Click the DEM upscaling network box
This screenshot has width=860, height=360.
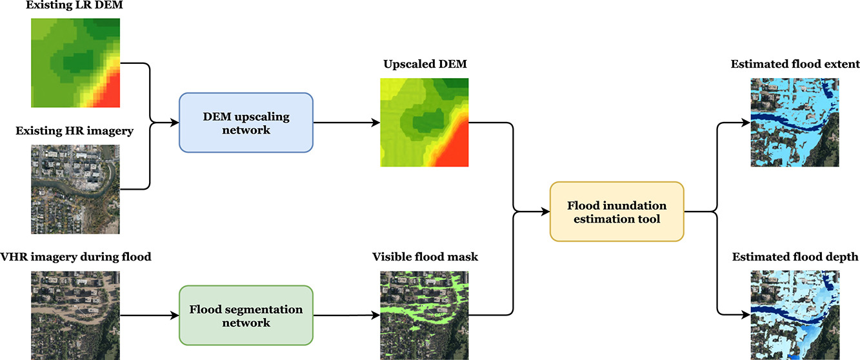[x=246, y=123]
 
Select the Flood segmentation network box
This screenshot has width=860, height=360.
[x=246, y=315]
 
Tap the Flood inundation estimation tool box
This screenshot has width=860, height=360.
[x=616, y=212]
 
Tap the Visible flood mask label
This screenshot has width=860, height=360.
[x=425, y=257]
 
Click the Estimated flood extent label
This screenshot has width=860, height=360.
[x=795, y=65]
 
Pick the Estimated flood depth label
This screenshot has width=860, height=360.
[x=795, y=257]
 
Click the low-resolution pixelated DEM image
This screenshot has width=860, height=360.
[x=75, y=63]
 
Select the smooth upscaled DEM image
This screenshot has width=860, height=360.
[x=424, y=123]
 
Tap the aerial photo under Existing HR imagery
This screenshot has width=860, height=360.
[x=75, y=189]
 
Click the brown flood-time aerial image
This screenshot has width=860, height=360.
[x=75, y=315]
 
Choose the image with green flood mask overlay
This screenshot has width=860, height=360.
[x=424, y=315]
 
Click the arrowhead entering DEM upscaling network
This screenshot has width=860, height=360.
[x=175, y=123]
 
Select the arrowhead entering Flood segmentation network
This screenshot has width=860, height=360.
[x=175, y=315]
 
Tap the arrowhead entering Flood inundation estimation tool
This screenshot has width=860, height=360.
[x=546, y=212]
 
